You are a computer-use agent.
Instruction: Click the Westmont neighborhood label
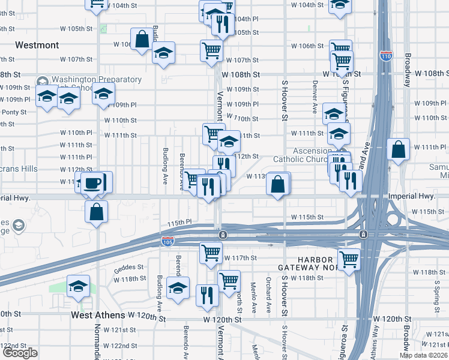[37, 45]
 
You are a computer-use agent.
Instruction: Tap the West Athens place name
[98, 314]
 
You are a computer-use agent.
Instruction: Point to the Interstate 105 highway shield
[168, 241]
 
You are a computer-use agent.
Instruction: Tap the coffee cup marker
[92, 182]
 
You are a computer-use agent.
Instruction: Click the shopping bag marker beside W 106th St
[143, 40]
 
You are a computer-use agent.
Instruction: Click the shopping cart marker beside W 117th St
[211, 253]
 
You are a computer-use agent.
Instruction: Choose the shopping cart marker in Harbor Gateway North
[349, 259]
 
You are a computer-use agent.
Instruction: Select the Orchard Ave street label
[268, 296]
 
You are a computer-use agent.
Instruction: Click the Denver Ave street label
[314, 97]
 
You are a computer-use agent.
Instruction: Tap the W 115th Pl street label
[178, 223]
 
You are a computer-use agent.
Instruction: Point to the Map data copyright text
[424, 355]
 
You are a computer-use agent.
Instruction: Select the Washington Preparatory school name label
[96, 80]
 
